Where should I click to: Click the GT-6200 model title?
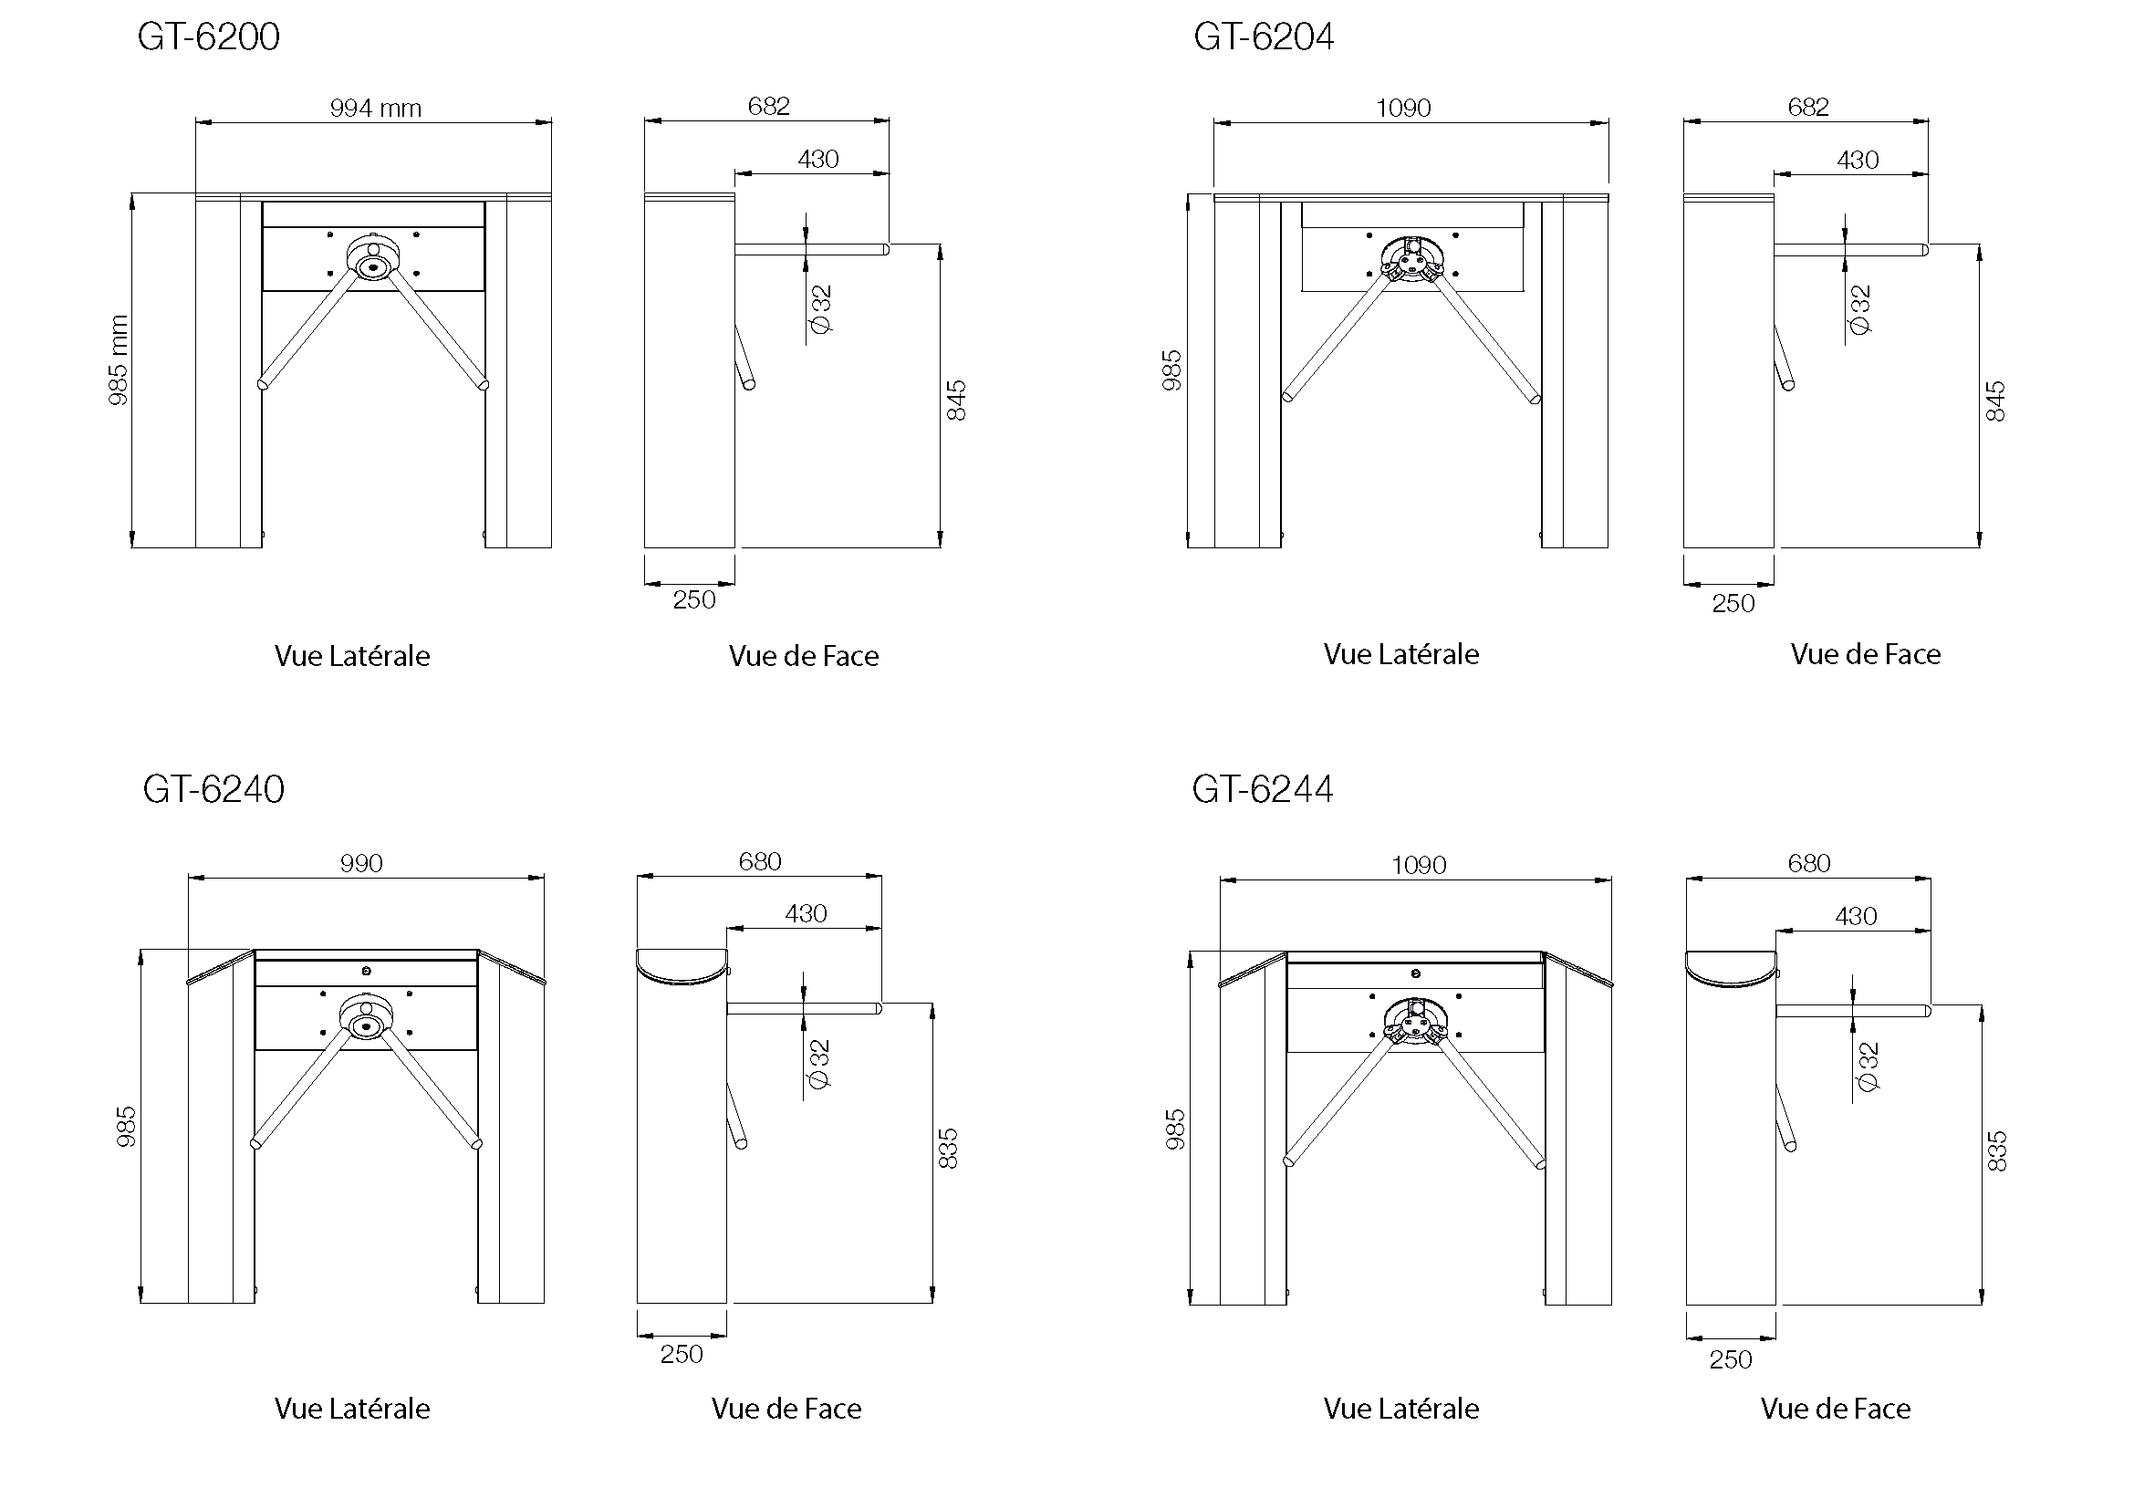click(x=208, y=37)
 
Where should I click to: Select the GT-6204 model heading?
click(x=1263, y=37)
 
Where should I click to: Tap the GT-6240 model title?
click(x=213, y=790)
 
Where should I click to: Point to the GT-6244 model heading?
click(x=1262, y=790)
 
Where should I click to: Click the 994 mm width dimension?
click(x=376, y=109)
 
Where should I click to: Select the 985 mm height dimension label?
click(x=118, y=360)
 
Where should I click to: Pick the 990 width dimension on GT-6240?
click(x=361, y=864)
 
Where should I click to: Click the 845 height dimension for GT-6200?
click(x=956, y=401)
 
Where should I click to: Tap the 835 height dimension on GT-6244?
click(x=1996, y=1151)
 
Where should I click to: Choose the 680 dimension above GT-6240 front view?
click(x=759, y=862)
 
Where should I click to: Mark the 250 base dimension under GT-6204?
click(x=1733, y=604)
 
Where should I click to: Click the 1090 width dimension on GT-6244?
click(x=1419, y=866)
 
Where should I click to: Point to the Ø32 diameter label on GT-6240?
click(x=818, y=1064)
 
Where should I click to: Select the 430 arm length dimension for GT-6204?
click(x=1857, y=161)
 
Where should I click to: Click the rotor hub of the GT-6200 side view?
click(x=374, y=265)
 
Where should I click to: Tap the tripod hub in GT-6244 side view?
click(x=1415, y=1022)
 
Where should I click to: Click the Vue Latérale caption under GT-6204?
click(x=1400, y=655)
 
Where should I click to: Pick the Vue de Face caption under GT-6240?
click(x=786, y=1410)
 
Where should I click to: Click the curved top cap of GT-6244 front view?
click(x=1731, y=967)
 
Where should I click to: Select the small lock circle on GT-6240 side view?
click(x=366, y=971)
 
